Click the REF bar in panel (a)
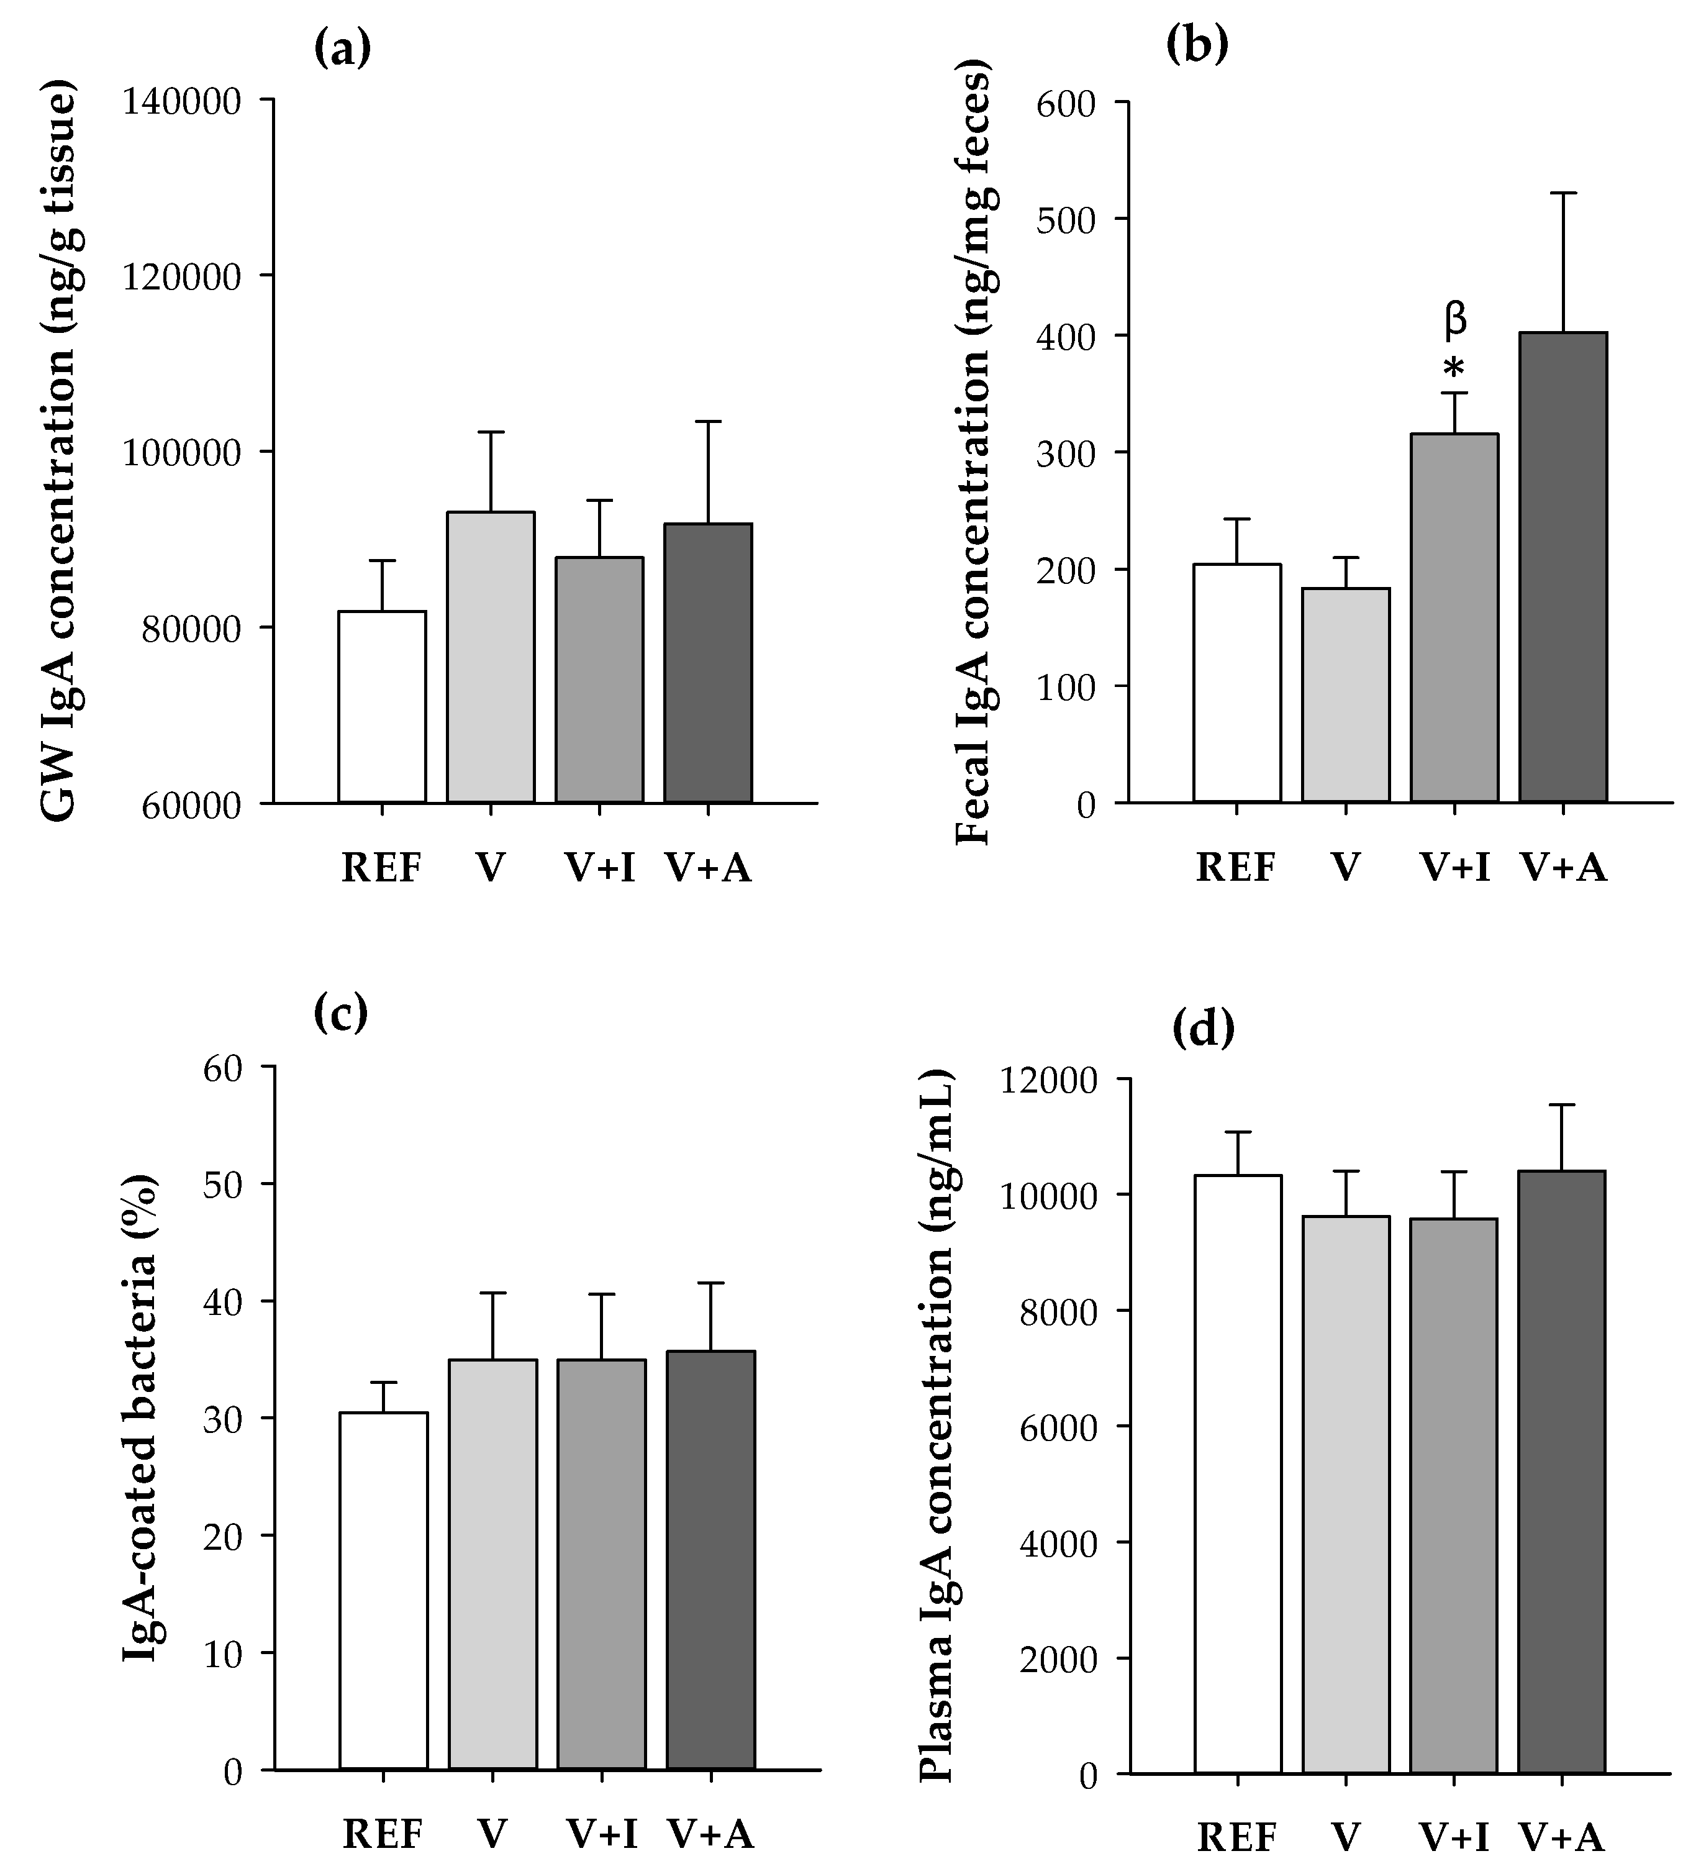[382, 706]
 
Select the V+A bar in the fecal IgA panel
[1563, 567]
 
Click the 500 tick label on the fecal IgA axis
[1068, 219]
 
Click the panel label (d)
[1204, 1030]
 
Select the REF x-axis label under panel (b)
[1235, 868]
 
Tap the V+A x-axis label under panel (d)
[1563, 1837]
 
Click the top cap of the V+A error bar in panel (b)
[1563, 193]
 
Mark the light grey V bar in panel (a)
[491, 657]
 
